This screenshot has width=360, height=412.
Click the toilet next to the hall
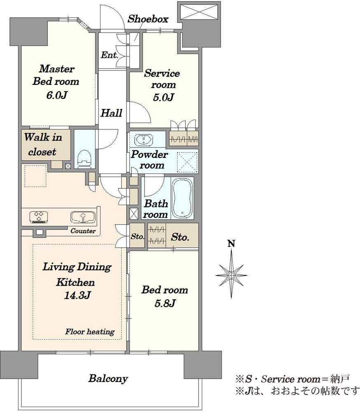point(84,159)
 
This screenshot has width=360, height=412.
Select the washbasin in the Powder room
point(144,139)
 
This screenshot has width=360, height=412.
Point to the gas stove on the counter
point(39,217)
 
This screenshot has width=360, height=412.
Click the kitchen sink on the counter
point(83,217)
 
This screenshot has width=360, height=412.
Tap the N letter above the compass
point(231,243)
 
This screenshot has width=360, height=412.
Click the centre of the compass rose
point(231,275)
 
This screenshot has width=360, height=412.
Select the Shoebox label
point(148,19)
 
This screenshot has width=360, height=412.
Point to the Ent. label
point(110,55)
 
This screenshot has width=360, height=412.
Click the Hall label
point(111,113)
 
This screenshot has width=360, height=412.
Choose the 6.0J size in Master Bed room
point(57,95)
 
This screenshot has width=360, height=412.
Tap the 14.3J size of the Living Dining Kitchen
point(77,295)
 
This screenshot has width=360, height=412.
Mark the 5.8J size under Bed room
point(165,304)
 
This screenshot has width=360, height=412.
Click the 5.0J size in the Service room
point(163,97)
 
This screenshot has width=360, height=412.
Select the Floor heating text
point(90,332)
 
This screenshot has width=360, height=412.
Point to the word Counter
point(83,231)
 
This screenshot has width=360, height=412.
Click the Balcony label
point(108,378)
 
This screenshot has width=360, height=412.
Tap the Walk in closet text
point(43,144)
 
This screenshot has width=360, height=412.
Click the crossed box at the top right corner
point(199,11)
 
